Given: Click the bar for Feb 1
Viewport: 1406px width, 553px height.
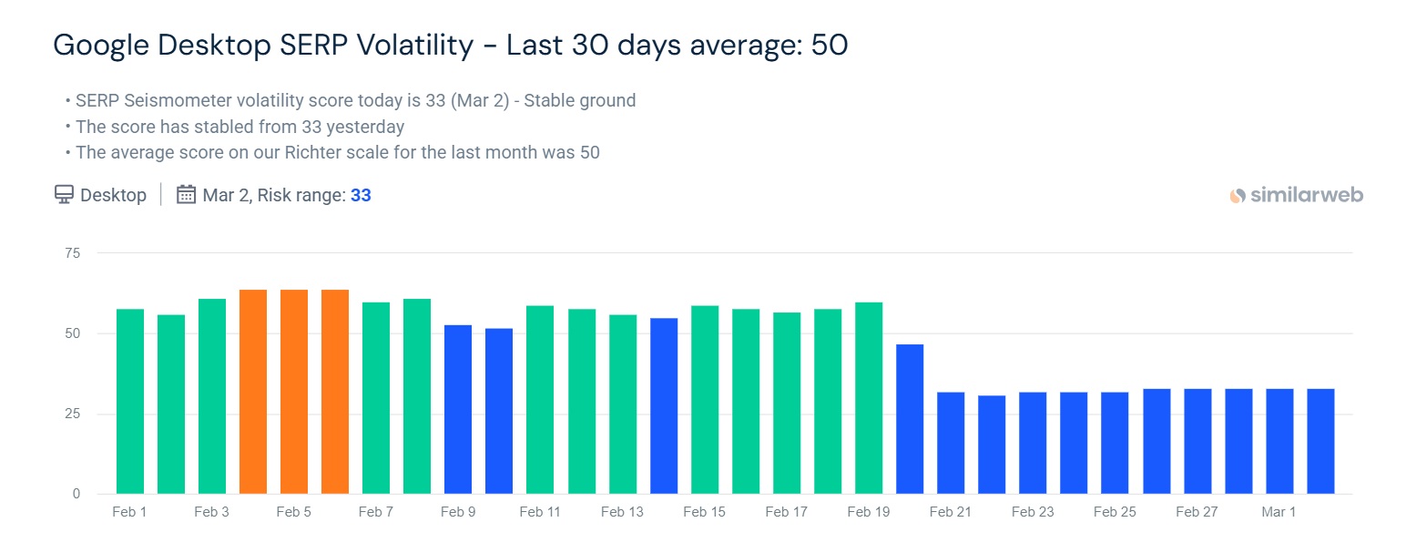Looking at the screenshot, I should [130, 401].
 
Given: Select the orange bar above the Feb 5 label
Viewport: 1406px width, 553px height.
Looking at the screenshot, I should [294, 392].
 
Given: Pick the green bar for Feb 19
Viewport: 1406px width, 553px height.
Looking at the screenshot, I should [869, 398].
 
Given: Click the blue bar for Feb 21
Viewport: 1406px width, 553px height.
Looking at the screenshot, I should [951, 443].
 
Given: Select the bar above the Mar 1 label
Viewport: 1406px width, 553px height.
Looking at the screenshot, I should [1279, 441].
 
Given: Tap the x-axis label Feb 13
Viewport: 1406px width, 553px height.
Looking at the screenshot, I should [622, 512].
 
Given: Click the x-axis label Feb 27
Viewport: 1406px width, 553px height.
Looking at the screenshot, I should [1197, 512].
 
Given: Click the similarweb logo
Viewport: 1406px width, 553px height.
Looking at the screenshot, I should [1297, 195].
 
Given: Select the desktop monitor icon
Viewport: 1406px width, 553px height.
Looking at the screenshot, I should [64, 195].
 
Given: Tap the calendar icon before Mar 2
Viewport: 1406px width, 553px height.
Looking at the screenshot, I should [186, 195].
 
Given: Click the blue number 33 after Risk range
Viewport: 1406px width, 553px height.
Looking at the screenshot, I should [361, 195].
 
